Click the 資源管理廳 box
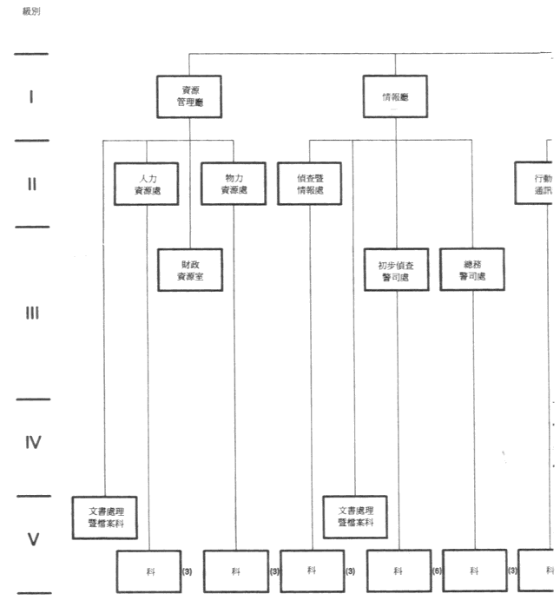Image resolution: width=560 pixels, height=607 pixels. [188, 96]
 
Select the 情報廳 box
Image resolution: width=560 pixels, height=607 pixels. [395, 96]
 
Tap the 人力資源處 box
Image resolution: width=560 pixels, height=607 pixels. [147, 183]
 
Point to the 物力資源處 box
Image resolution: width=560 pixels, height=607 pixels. [233, 183]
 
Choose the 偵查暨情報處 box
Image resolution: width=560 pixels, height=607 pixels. [310, 183]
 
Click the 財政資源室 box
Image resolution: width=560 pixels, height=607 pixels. [189, 270]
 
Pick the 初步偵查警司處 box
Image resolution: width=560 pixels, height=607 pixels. [397, 270]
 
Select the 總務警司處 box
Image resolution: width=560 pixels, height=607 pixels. [472, 270]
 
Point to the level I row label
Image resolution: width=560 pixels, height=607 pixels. [31, 96]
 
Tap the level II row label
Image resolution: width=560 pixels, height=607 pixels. [31, 183]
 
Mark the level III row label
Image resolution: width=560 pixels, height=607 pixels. [31, 313]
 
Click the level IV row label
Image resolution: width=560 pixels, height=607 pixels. [31, 443]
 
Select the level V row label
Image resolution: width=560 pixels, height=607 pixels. [32, 539]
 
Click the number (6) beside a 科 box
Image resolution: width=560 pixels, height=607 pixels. [438, 571]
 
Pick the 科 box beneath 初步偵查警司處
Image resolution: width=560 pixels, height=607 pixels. [399, 571]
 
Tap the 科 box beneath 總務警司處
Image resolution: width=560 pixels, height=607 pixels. [474, 571]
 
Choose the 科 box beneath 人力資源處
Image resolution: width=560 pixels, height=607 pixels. [148, 571]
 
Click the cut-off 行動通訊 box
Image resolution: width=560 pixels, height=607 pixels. [537, 183]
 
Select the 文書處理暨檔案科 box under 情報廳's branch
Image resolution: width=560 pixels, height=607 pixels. [355, 517]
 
